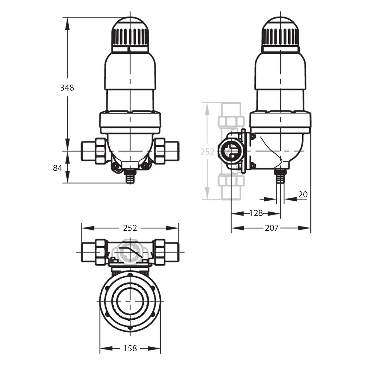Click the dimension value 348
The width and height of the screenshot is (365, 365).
67,88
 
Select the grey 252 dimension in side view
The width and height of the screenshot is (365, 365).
207,151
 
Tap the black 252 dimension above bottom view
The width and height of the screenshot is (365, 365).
130,228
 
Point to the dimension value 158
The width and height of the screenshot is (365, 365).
130,348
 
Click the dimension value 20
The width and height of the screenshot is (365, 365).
303,194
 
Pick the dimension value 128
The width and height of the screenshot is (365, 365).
256,213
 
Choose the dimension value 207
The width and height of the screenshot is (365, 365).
271,228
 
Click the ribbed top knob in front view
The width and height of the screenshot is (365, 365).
130,35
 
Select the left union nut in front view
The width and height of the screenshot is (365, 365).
100,151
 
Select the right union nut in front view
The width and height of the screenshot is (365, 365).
160,151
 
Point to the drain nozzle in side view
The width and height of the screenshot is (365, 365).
280,176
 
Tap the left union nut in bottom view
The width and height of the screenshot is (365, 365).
100,252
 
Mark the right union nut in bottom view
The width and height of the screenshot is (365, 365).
160,252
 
